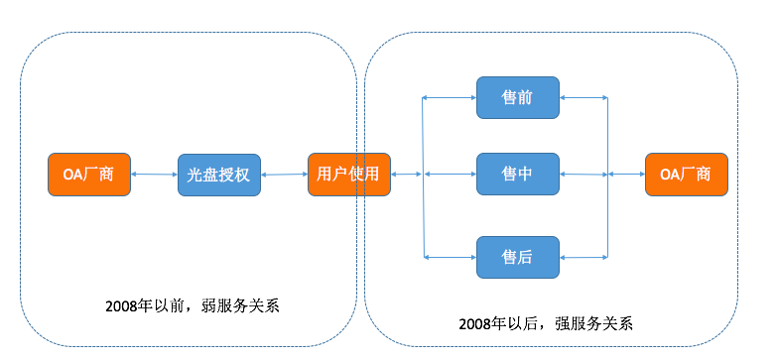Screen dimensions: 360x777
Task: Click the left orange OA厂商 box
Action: pyautogui.click(x=89, y=175)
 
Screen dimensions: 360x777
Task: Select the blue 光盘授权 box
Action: pyautogui.click(x=218, y=175)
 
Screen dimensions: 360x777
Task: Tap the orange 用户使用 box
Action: pyautogui.click(x=348, y=175)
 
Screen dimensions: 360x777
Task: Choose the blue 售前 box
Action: pyautogui.click(x=517, y=97)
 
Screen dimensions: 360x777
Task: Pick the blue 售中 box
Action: pyautogui.click(x=517, y=175)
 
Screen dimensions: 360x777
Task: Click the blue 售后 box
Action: pyautogui.click(x=517, y=257)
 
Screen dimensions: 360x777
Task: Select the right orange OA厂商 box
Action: pyautogui.click(x=686, y=175)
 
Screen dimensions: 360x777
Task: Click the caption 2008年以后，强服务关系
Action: pyautogui.click(x=546, y=323)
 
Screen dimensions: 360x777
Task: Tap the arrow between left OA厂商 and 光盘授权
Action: pyautogui.click(x=154, y=175)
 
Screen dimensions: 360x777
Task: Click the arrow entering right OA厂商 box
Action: pyautogui.click(x=626, y=175)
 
